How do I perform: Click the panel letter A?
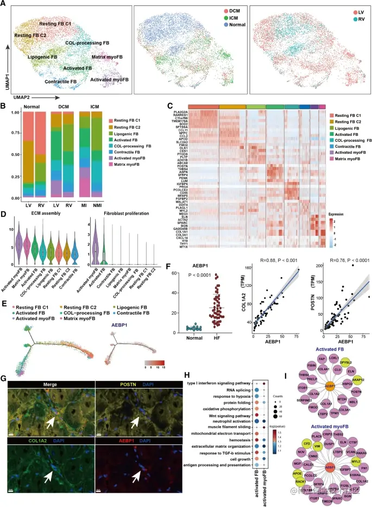(5, 5)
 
